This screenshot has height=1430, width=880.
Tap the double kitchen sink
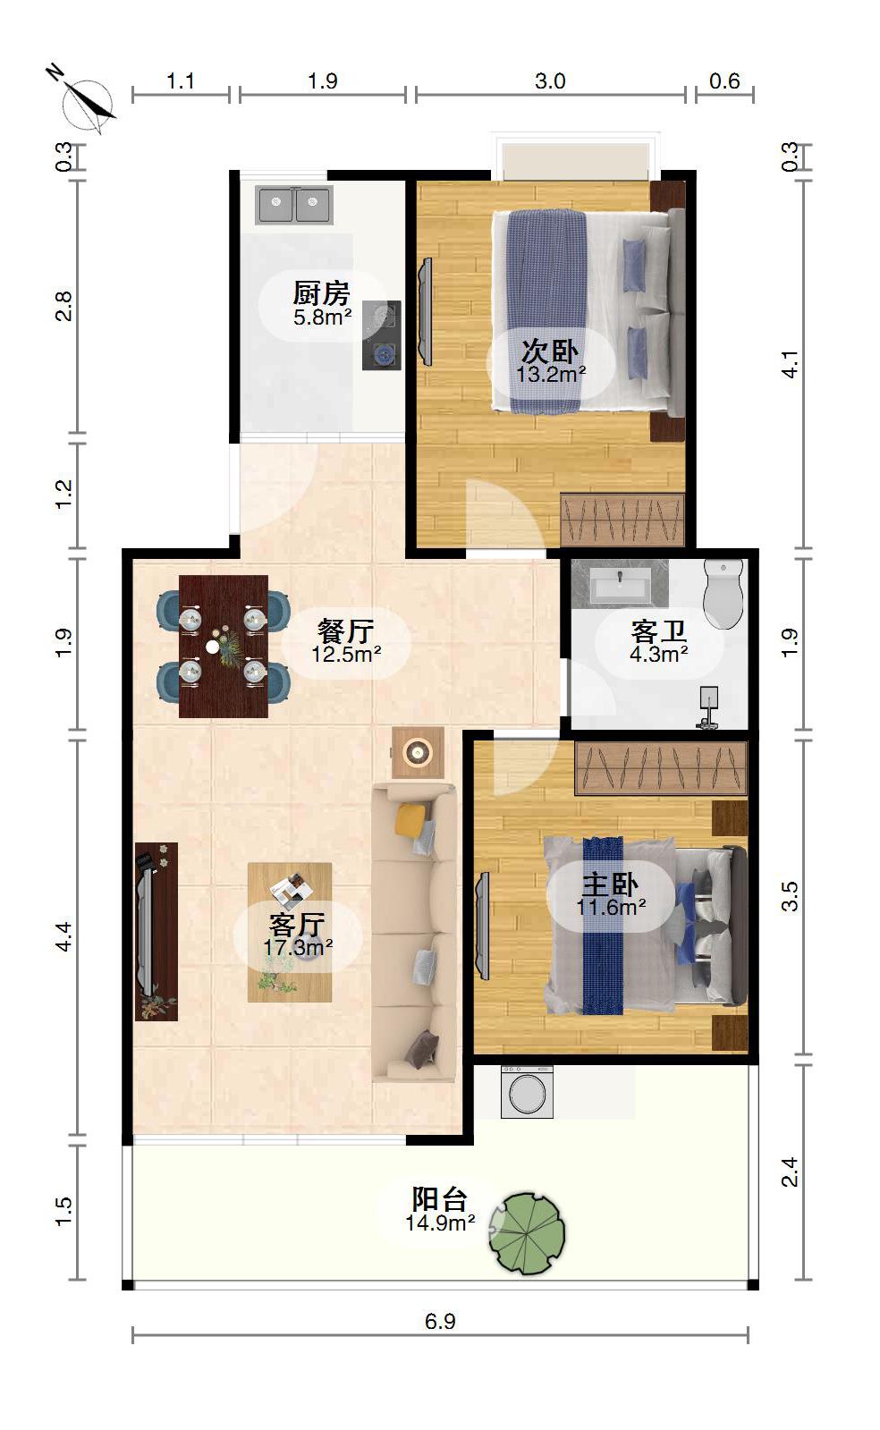coord(293,205)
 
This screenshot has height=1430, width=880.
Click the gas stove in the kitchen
coord(382,335)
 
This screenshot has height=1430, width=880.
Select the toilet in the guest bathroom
coord(723,594)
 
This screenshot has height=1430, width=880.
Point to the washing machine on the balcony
coord(527,1092)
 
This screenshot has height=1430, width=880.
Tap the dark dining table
coord(223,646)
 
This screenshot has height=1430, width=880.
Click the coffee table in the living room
coord(289,932)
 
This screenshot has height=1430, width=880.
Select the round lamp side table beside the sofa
coord(418,753)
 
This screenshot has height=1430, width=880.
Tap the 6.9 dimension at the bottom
coord(440,1322)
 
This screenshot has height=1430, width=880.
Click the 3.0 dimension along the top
coord(550,81)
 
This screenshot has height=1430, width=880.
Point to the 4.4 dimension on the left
coord(63,937)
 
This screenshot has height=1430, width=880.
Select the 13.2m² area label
coord(551,374)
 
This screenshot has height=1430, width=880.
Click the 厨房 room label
coord(322,293)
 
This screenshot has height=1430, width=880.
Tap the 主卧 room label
coord(611,884)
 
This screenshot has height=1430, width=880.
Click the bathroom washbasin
coord(620,583)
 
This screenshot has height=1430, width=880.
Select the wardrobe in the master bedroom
coord(661,768)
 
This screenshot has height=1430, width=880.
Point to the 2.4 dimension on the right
coord(790,1172)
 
